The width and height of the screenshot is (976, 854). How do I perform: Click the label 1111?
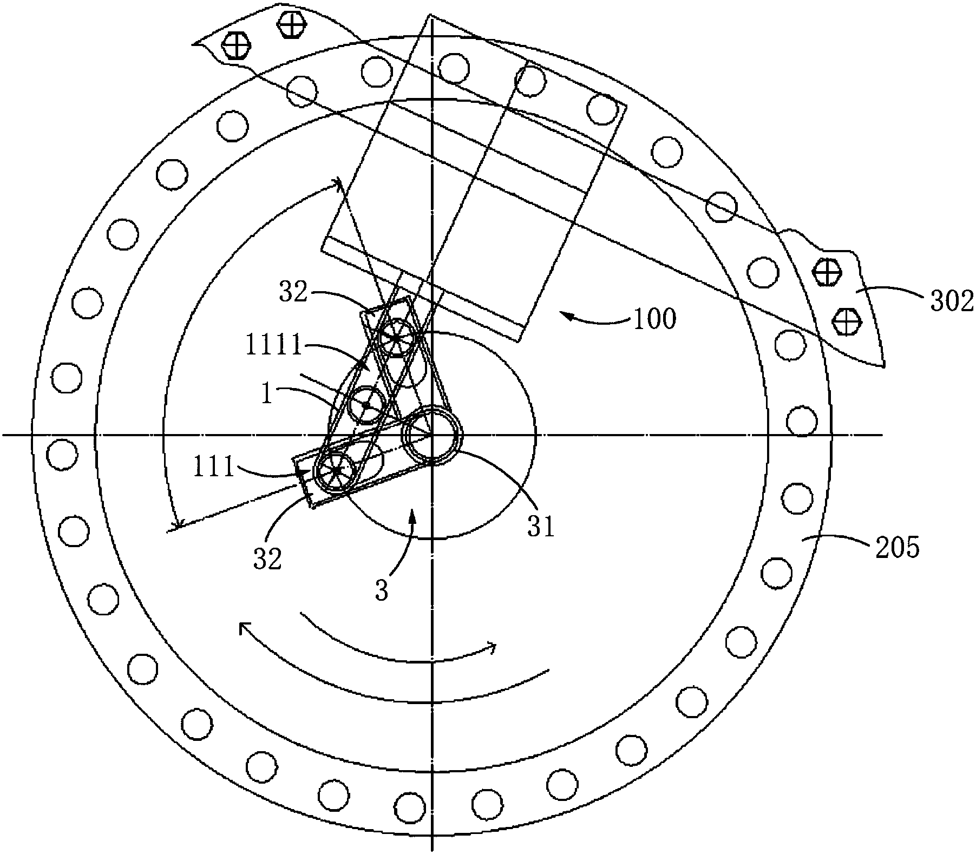pyautogui.click(x=273, y=346)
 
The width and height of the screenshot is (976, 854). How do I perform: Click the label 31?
pyautogui.click(x=541, y=525)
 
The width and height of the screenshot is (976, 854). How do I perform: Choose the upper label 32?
pyautogui.click(x=293, y=293)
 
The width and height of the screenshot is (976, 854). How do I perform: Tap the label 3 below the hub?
pyautogui.click(x=382, y=592)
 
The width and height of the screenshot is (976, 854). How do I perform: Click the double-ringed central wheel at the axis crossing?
pyautogui.click(x=432, y=435)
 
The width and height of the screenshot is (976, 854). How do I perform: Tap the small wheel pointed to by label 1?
pyautogui.click(x=366, y=405)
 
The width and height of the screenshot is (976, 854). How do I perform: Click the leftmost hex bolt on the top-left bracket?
pyautogui.click(x=236, y=45)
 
